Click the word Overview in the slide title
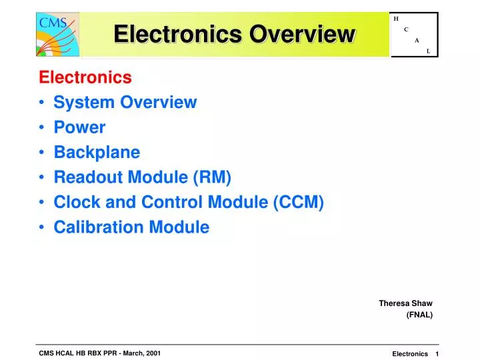302,33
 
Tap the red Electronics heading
85,77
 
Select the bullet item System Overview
125,102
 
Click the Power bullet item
79,127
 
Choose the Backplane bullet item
97,152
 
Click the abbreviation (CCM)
299,202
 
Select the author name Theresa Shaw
405,303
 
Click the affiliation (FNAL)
419,315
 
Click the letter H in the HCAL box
396,19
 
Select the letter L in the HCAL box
428,51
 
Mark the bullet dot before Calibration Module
43,228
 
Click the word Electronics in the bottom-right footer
410,354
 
